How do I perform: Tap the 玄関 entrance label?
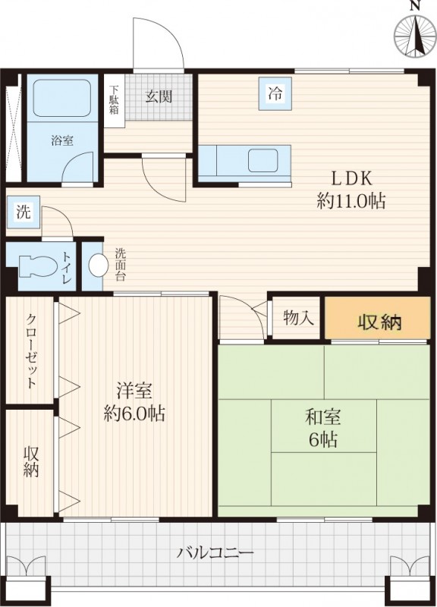pyautogui.click(x=159, y=96)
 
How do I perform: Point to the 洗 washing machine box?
pyautogui.click(x=24, y=212)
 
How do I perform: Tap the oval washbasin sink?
pyautogui.click(x=99, y=265)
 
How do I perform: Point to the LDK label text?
pyautogui.click(x=349, y=179)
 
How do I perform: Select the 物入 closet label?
pyautogui.click(x=297, y=317)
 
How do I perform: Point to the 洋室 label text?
pyautogui.click(x=134, y=392)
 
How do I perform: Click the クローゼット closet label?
pyautogui.click(x=31, y=351)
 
